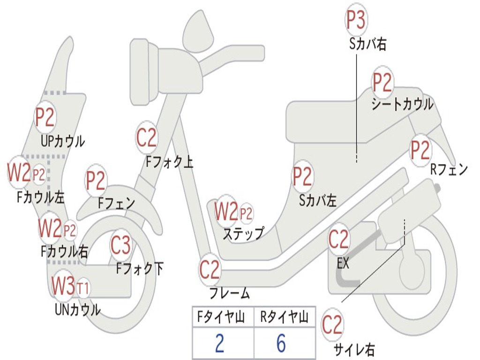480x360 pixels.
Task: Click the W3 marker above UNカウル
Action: tap(63, 285)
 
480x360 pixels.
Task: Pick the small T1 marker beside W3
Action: tap(83, 287)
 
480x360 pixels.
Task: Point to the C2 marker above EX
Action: tap(339, 240)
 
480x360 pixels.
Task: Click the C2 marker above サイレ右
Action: tap(332, 324)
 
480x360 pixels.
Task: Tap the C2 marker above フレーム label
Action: tap(210, 270)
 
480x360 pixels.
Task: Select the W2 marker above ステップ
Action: tap(226, 212)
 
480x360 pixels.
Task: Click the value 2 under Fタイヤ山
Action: tap(219, 344)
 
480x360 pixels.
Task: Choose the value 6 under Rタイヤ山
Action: tap(281, 344)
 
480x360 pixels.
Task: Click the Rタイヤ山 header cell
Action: tap(284, 318)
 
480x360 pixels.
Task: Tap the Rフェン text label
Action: tap(449, 169)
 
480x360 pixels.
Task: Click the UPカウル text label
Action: tap(63, 141)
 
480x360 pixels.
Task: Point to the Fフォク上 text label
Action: tap(169, 162)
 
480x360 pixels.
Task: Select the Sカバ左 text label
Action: tap(318, 201)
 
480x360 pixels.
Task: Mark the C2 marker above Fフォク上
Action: tap(147, 137)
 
